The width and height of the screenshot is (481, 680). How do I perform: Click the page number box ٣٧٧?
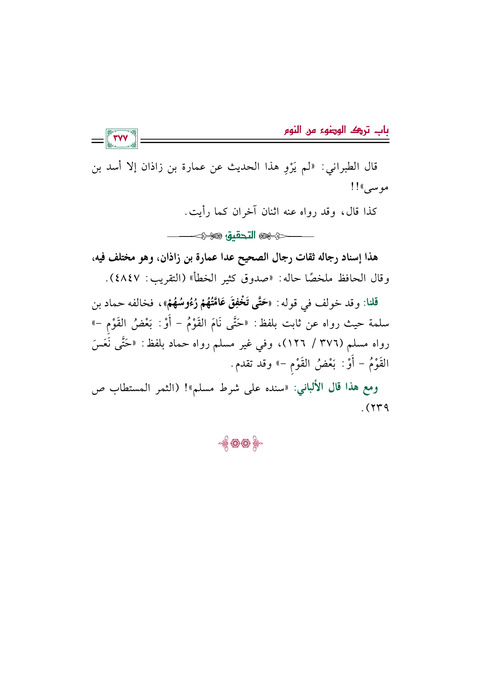pyautogui.click(x=120, y=139)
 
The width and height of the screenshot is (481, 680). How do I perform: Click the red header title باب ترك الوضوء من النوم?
pyautogui.click(x=336, y=130)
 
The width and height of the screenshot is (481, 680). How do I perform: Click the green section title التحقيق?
pyautogui.click(x=241, y=235)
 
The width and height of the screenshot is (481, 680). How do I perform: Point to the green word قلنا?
pyautogui.click(x=370, y=302)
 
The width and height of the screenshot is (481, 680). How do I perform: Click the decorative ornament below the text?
pyautogui.click(x=240, y=443)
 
